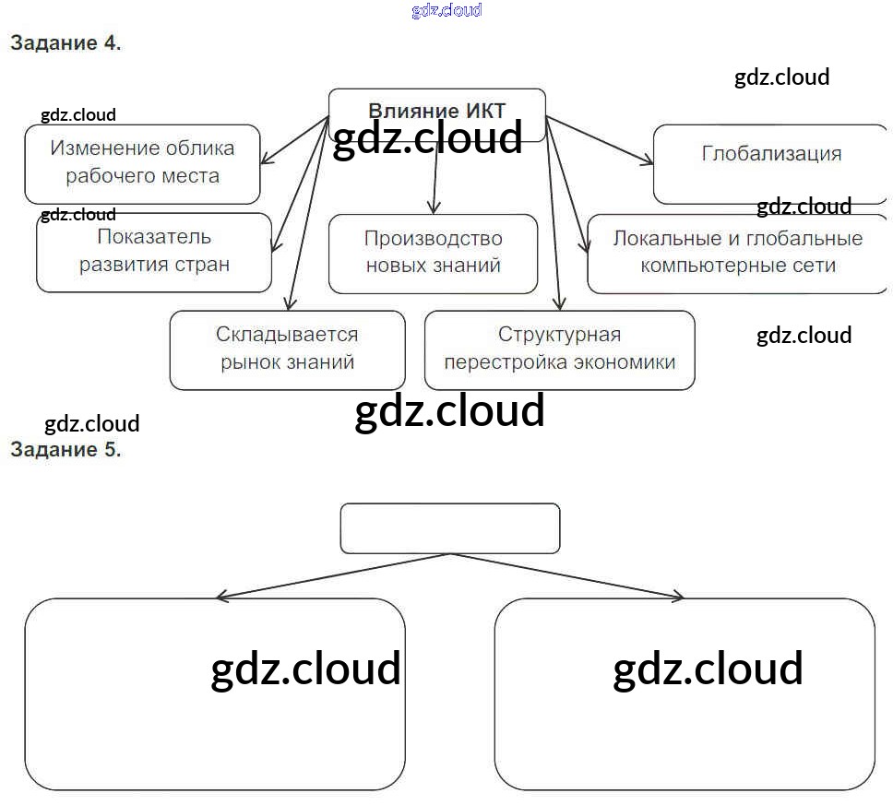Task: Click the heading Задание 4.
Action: click(65, 42)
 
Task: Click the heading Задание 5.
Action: click(65, 449)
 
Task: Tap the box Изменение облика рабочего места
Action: click(142, 163)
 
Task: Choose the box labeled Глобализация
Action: click(770, 164)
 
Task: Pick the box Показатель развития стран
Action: click(154, 252)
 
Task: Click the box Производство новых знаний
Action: click(433, 253)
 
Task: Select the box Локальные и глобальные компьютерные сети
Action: click(737, 253)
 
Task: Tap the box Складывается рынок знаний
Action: click(287, 349)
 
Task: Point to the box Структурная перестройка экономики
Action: click(559, 349)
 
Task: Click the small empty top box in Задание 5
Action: click(450, 527)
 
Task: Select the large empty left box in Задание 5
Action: click(214, 693)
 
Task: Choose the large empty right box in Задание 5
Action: click(684, 693)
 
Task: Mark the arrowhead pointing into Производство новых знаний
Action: click(435, 208)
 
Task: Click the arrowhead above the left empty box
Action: click(221, 598)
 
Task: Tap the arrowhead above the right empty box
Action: click(678, 598)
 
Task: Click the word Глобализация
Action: click(771, 153)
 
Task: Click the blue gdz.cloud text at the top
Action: click(446, 10)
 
